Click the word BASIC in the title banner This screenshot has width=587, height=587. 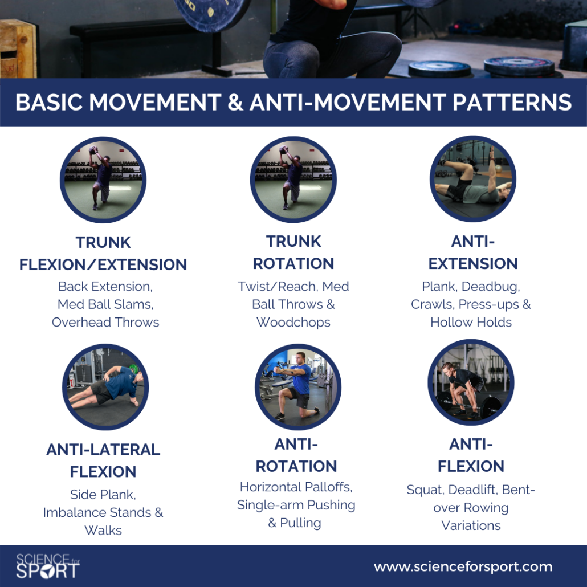[x=49, y=102]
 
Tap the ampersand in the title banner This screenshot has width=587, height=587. [x=235, y=102]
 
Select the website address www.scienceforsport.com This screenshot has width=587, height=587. [x=463, y=567]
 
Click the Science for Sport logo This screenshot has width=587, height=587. [x=47, y=566]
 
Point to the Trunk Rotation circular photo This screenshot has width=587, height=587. [x=293, y=180]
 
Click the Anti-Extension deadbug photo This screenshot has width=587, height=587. [x=473, y=178]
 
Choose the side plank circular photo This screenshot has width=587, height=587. [x=105, y=387]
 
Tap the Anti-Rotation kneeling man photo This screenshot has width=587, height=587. [x=298, y=387]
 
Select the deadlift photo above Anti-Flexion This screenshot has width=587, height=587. [x=471, y=382]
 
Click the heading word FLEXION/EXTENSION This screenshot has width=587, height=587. [x=103, y=264]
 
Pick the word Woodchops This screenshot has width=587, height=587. [x=293, y=323]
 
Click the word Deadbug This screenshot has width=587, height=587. [x=491, y=287]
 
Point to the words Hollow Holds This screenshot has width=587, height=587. [x=471, y=323]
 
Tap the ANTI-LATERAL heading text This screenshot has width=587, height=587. [x=103, y=449]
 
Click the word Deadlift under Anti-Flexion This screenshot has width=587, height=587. [x=473, y=490]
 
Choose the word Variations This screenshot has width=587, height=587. [x=471, y=525]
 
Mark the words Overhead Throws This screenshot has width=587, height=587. [x=105, y=323]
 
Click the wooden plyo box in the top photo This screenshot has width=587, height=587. [x=18, y=48]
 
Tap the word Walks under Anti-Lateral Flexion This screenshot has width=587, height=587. [x=103, y=531]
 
